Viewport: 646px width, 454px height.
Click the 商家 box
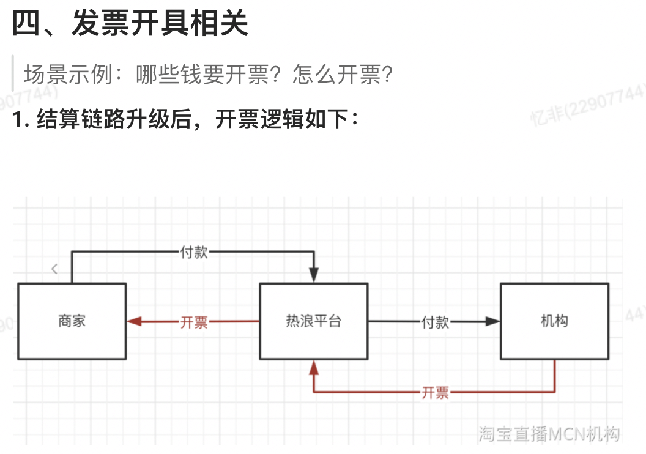pos(72,321)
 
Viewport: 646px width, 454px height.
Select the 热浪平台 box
pos(313,321)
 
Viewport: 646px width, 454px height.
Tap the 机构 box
pos(554,321)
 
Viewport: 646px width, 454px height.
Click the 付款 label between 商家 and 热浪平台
pos(194,251)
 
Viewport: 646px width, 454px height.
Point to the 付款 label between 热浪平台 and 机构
pos(435,322)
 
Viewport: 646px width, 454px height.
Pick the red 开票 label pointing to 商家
pos(194,322)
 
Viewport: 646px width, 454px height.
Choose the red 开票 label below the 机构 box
pos(435,392)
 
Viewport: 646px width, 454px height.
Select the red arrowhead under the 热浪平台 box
pos(314,367)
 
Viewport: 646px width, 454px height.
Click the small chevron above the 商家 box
pos(54,269)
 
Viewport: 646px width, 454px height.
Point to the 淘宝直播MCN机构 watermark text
pos(549,434)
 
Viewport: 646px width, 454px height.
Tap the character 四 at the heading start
pos(27,25)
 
